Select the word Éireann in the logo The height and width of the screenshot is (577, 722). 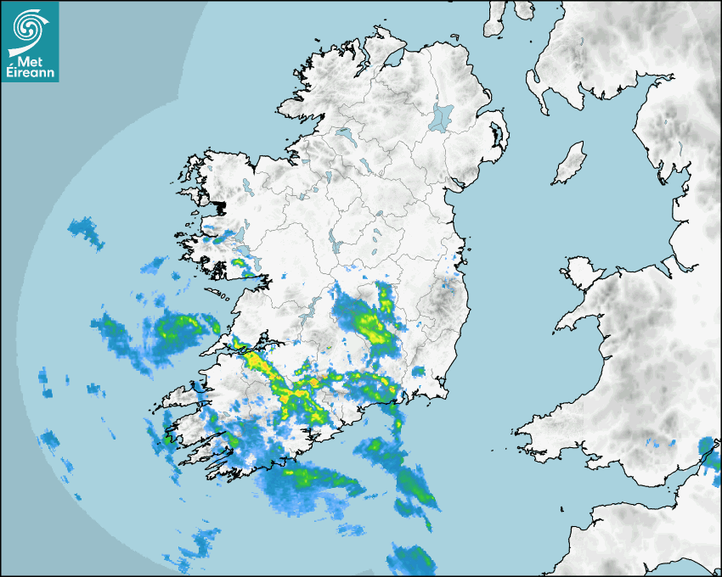(x=30, y=73)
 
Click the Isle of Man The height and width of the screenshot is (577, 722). (x=569, y=164)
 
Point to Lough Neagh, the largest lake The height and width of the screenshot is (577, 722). (x=441, y=116)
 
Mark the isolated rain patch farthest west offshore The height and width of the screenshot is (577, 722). (x=45, y=381)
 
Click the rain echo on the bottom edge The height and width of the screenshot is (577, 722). (x=412, y=560)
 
